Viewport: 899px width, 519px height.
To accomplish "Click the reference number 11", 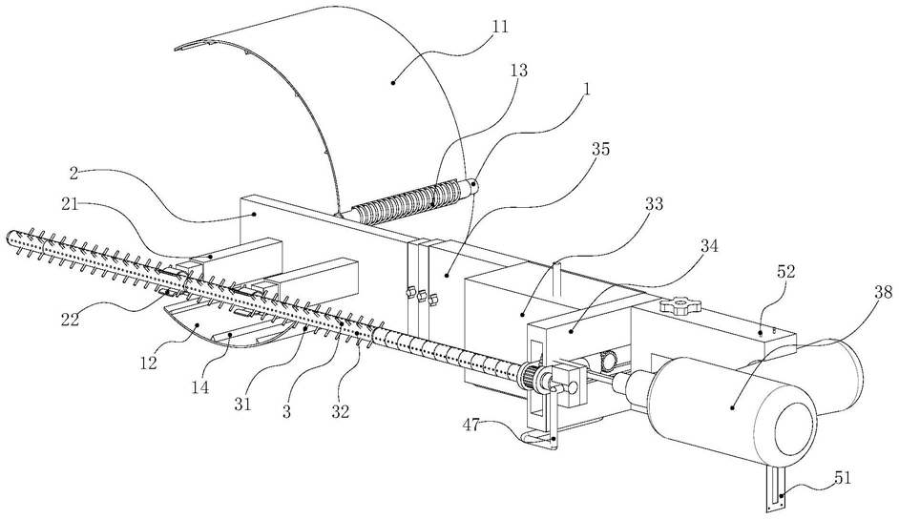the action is click(x=500, y=27).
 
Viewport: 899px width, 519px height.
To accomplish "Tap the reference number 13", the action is click(x=517, y=70).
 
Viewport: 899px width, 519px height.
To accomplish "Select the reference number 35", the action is click(x=600, y=149).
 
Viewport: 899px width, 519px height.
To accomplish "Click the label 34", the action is click(x=709, y=246).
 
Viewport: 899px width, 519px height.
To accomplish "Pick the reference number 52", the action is click(x=786, y=272).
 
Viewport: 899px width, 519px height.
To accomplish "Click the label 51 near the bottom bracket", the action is click(x=843, y=477).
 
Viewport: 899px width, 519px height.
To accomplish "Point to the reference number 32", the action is click(x=340, y=411).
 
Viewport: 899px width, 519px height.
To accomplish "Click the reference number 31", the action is click(x=242, y=404).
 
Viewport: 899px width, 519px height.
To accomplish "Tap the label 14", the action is click(x=200, y=387).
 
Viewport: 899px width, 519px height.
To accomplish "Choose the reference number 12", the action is click(x=148, y=363).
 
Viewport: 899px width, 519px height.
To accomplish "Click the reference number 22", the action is click(x=71, y=319).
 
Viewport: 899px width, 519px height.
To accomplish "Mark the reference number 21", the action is click(x=70, y=203).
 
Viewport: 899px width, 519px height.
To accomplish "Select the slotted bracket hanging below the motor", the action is click(x=776, y=488).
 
